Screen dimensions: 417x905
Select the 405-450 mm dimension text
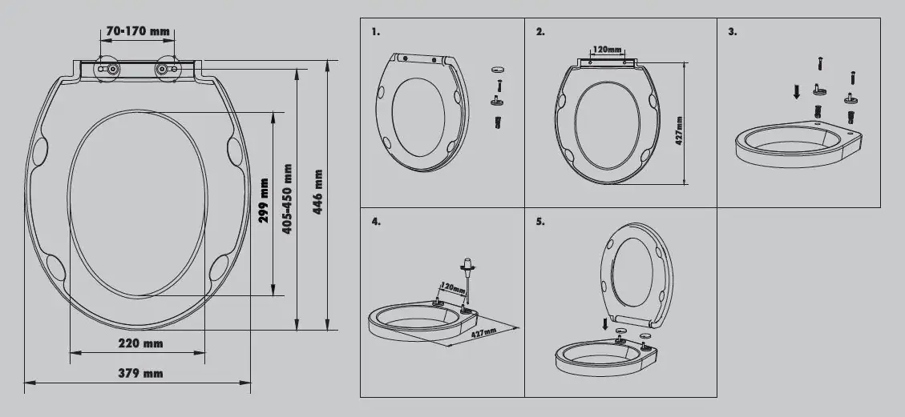point(287,198)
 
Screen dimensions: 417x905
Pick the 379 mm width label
point(141,373)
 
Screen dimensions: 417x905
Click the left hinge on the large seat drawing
point(108,69)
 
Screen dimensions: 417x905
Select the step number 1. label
point(376,32)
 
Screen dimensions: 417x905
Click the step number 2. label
point(540,32)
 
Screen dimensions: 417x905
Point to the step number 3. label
point(732,32)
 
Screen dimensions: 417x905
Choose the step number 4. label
point(376,222)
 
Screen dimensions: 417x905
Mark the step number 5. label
point(540,222)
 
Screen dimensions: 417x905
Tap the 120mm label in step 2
point(607,50)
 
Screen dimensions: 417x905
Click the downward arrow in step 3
point(795,91)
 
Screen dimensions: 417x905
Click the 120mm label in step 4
point(453,286)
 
